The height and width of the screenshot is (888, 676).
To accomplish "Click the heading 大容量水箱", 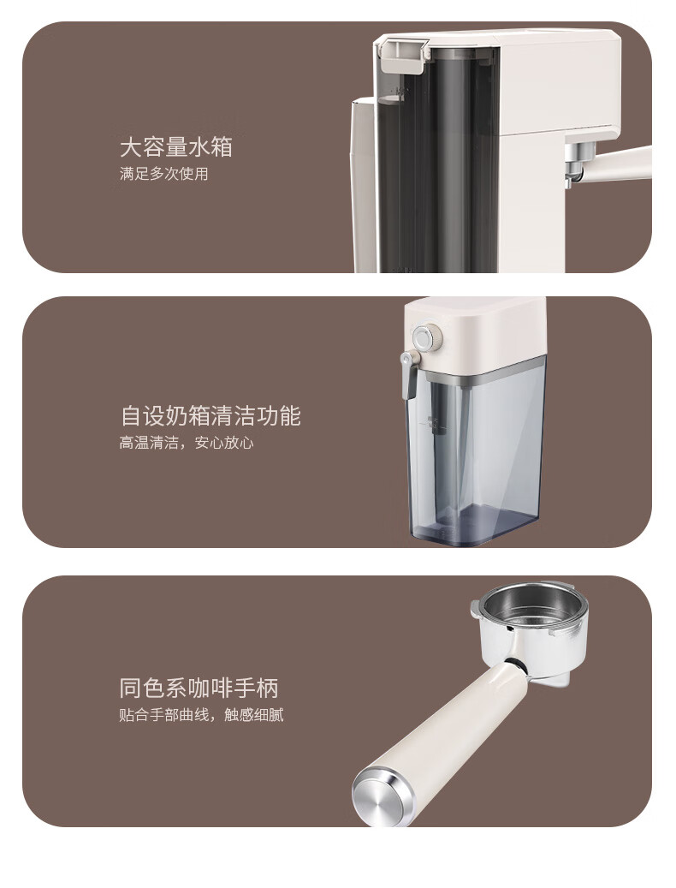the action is (176, 146).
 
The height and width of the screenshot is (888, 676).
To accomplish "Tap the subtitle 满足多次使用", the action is (163, 173).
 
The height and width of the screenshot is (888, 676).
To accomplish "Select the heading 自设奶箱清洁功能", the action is (211, 415).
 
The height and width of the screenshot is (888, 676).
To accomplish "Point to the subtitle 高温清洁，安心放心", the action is (186, 443).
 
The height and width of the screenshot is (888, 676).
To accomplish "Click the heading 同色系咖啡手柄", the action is (199, 688).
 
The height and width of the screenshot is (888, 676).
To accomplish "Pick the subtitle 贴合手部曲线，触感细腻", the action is (201, 715).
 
